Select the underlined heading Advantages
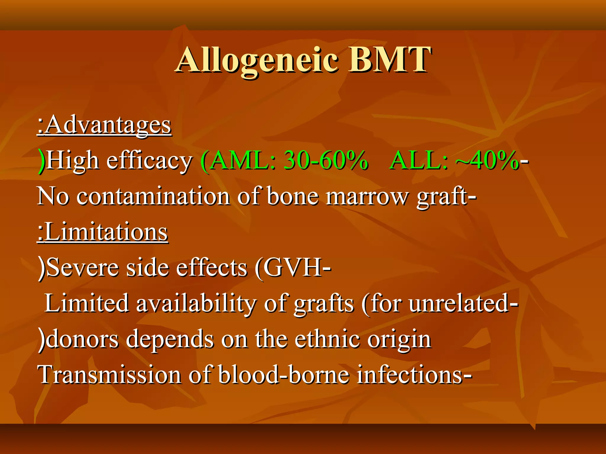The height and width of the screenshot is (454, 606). (108, 125)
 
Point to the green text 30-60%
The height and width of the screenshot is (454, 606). (325, 161)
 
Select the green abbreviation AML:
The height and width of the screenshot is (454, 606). (243, 161)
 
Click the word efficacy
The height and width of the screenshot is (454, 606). (149, 161)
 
